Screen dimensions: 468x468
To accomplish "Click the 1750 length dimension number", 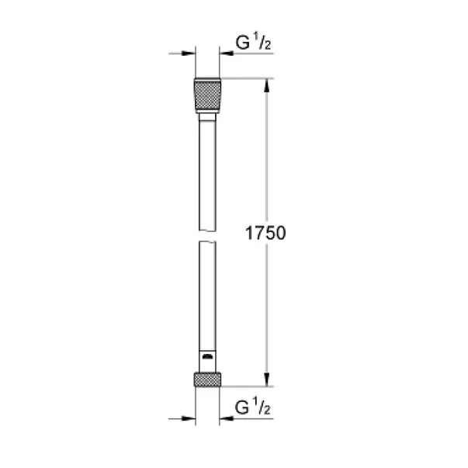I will (266, 233).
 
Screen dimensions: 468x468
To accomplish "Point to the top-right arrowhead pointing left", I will (227, 54).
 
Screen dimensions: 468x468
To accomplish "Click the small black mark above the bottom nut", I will (206, 356).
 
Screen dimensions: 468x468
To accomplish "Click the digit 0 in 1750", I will (283, 233).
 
